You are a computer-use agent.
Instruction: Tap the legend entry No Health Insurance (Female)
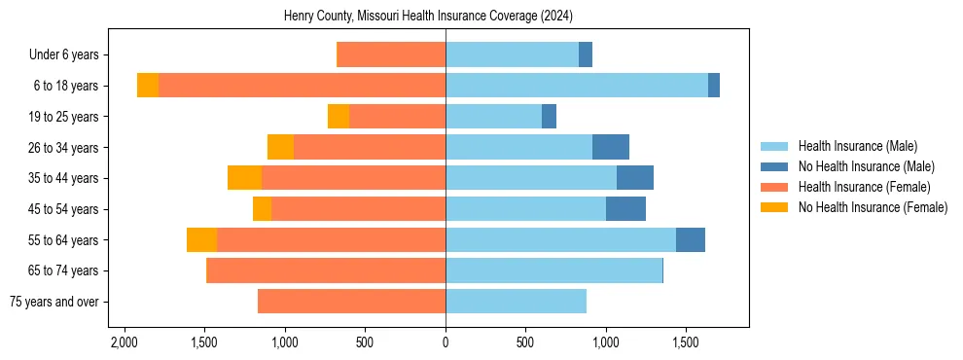click(873, 207)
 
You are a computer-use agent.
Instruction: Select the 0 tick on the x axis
click(446, 343)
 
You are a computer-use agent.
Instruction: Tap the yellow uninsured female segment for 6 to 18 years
click(148, 86)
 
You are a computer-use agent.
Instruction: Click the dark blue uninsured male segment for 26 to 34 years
click(611, 147)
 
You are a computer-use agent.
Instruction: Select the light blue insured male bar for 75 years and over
click(516, 302)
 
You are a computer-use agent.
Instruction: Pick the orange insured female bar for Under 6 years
click(391, 55)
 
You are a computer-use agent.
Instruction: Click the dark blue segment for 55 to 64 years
click(691, 239)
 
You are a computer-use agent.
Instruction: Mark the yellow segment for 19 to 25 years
click(339, 117)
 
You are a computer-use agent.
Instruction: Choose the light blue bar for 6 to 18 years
click(577, 86)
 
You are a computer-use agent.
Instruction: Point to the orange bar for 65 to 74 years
click(326, 270)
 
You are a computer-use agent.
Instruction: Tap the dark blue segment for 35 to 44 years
click(635, 178)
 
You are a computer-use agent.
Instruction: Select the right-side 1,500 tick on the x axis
click(686, 343)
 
